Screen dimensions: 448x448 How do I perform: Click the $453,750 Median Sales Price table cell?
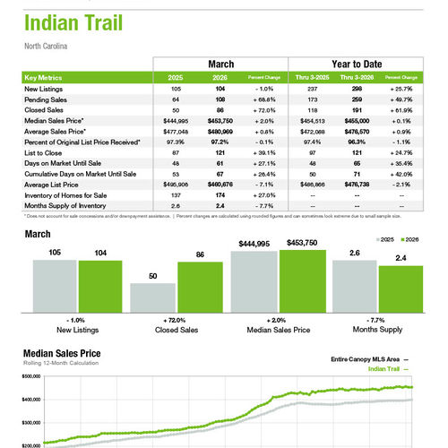tap(220, 120)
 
